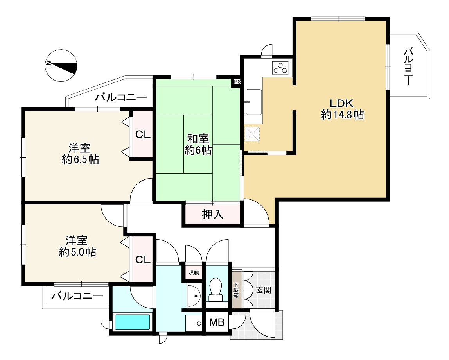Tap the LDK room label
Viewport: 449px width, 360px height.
(342, 109)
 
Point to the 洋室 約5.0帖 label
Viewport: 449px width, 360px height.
(77, 246)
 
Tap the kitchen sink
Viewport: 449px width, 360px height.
(253, 101)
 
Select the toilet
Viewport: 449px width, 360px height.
(216, 289)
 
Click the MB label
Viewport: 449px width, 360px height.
(217, 322)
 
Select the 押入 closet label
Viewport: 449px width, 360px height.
(212, 214)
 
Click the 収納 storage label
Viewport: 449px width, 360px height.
(194, 272)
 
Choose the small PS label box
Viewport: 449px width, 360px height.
(237, 82)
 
